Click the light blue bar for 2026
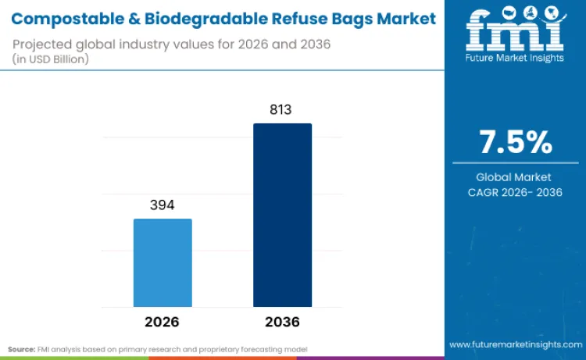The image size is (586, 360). [x=163, y=262]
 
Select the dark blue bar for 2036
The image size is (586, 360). [x=282, y=215]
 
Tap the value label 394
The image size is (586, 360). [x=162, y=205]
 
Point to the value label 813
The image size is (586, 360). [x=281, y=110]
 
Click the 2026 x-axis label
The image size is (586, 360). [x=162, y=322]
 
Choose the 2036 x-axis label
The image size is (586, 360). [x=282, y=322]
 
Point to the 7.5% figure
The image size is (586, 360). [x=515, y=143]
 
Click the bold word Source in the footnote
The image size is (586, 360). [x=22, y=348]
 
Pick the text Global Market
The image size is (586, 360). [x=515, y=177]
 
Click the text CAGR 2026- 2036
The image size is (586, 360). [x=515, y=192]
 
